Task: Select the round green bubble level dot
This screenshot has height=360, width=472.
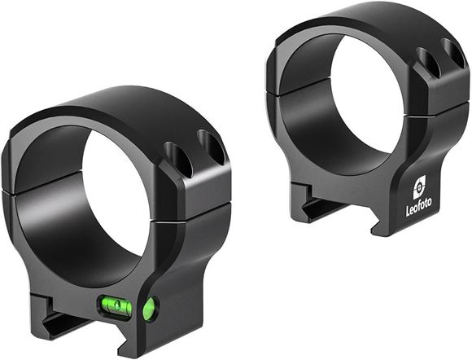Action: coord(149,308)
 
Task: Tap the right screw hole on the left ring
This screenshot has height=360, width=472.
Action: coord(212,147)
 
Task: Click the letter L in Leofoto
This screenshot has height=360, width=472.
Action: coord(409,211)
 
